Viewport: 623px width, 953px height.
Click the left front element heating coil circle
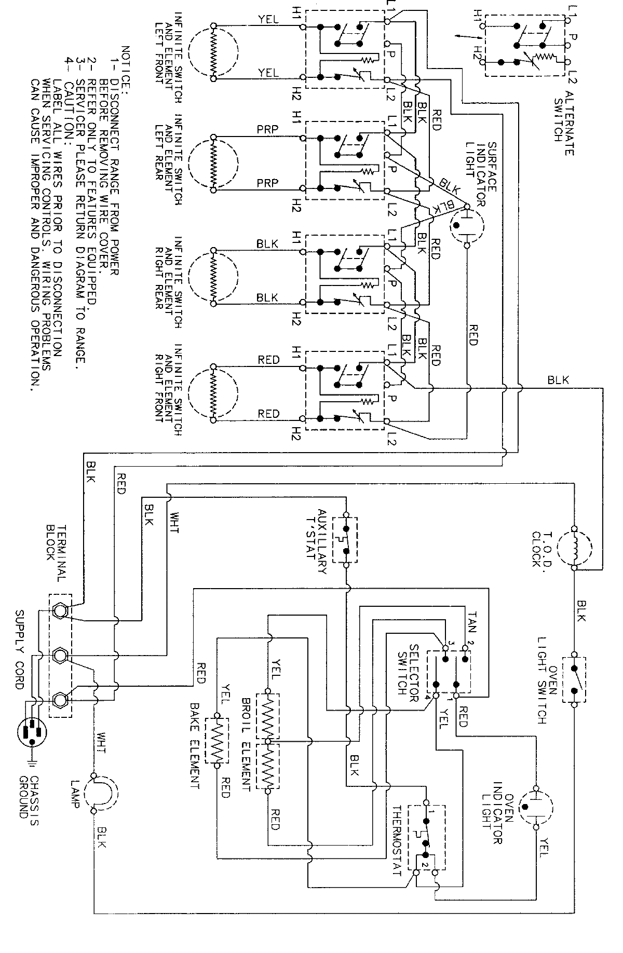tap(213, 52)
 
